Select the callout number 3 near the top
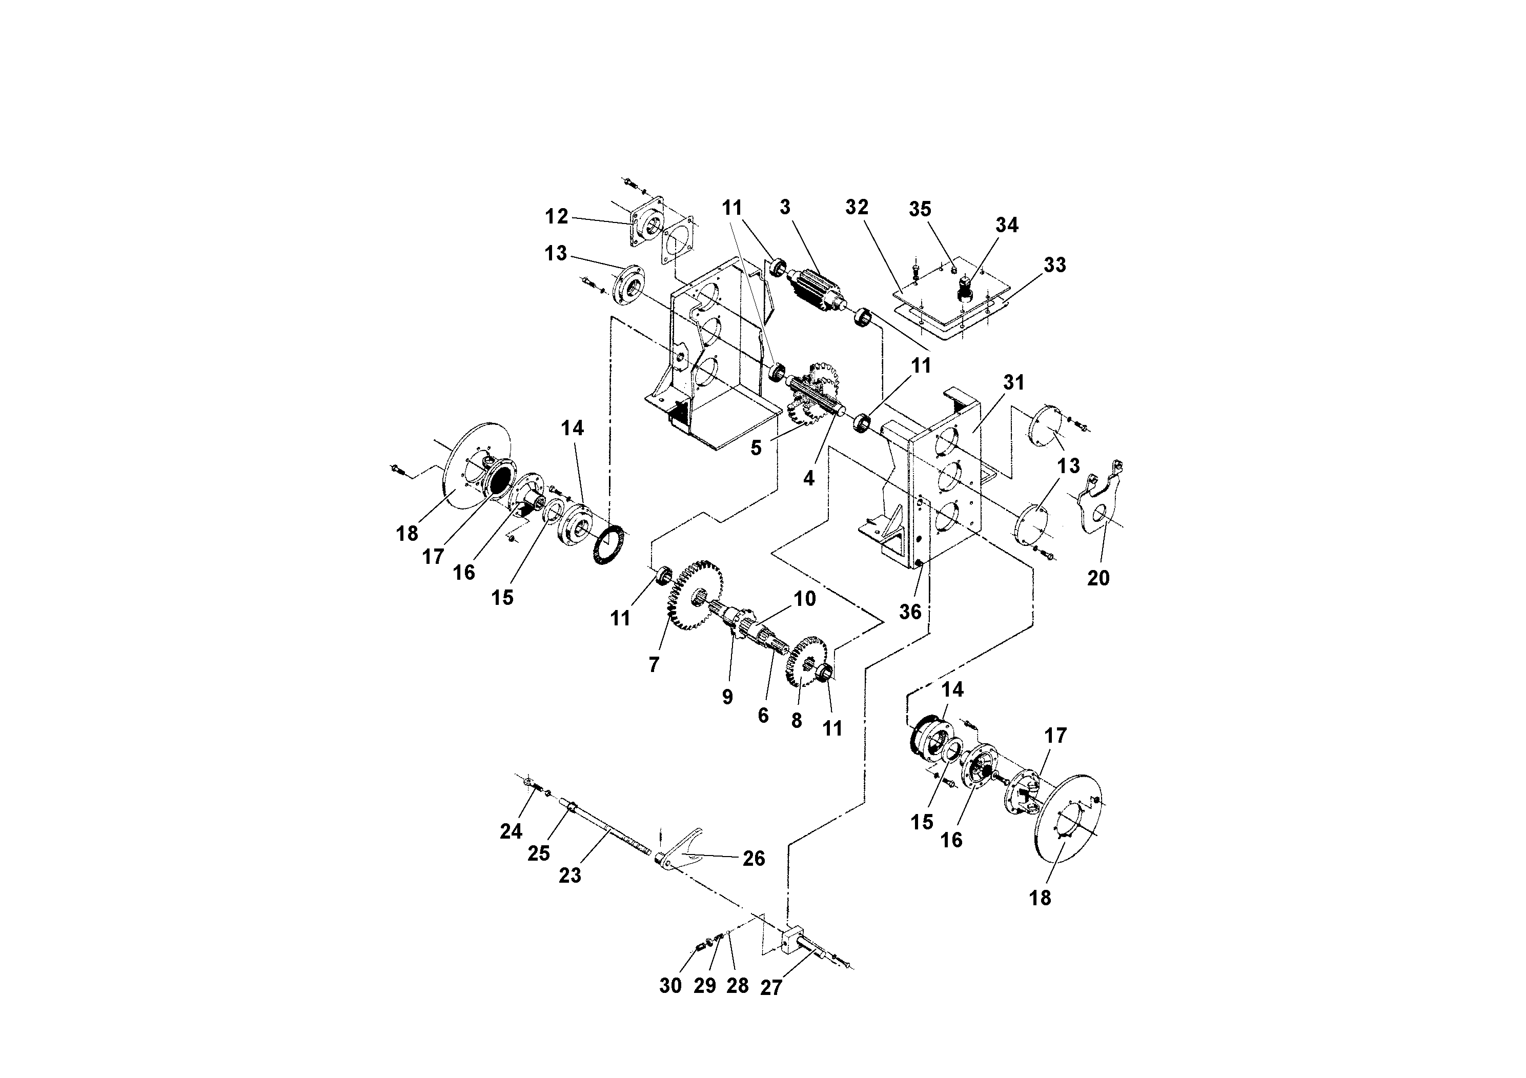785,208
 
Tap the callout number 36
910,612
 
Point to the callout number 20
1098,578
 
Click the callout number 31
1013,383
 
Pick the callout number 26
754,859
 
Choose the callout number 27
770,988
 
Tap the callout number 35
920,209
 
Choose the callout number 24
511,831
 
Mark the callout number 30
670,986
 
